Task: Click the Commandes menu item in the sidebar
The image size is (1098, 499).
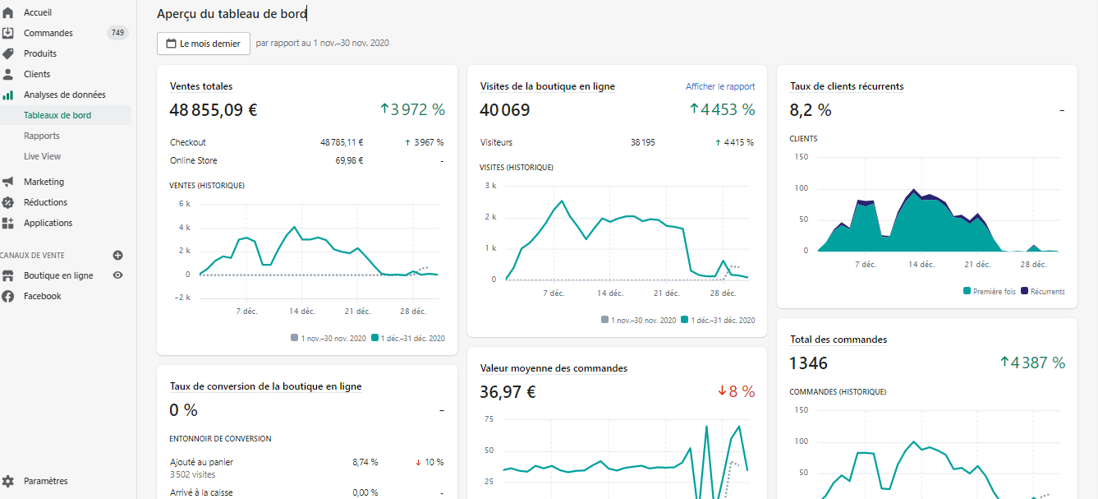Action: (48, 33)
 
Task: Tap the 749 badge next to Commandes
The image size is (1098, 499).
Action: (117, 33)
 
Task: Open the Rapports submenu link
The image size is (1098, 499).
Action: (42, 136)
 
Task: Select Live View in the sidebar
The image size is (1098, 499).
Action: (42, 156)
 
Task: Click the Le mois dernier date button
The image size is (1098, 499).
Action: (204, 44)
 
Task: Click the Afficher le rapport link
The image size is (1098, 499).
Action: (720, 86)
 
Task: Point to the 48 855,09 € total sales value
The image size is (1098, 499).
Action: (214, 110)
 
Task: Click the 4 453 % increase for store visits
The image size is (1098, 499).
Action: (722, 109)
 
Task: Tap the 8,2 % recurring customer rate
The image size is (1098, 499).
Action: (811, 110)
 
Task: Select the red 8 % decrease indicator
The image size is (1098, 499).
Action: (737, 391)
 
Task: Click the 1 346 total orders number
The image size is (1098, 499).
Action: (808, 363)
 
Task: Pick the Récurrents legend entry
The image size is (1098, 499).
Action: (1043, 292)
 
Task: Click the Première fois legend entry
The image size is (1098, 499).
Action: (989, 292)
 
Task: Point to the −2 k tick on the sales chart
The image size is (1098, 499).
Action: (182, 298)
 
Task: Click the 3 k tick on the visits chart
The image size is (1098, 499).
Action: (490, 186)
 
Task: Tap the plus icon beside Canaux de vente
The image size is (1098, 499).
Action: (117, 255)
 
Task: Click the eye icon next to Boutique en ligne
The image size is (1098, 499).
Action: (117, 275)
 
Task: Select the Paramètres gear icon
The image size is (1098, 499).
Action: (8, 481)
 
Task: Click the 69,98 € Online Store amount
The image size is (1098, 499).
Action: (349, 160)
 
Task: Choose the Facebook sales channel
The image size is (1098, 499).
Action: (42, 296)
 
